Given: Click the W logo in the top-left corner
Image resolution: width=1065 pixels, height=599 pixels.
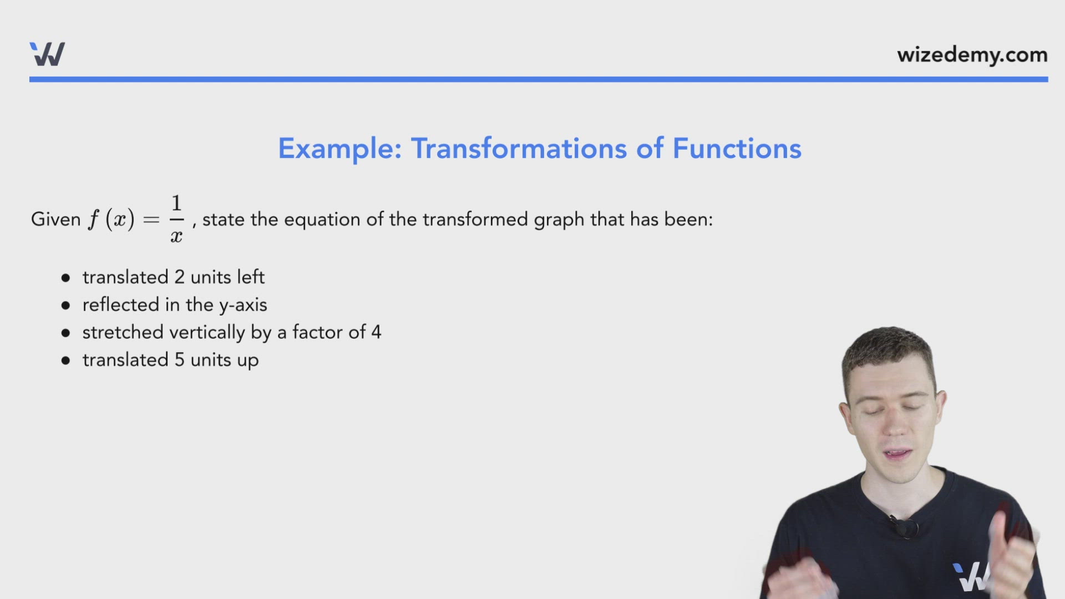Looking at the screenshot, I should coord(47,54).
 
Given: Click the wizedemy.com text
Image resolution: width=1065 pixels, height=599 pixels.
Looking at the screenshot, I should coord(972,55).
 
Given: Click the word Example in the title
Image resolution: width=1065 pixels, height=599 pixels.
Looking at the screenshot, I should coord(339,149).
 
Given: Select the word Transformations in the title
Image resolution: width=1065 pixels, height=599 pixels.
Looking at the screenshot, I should coord(519,149).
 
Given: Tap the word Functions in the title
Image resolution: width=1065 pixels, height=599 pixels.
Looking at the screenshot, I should coord(737,149).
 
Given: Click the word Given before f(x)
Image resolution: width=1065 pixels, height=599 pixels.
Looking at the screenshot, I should coord(56,219).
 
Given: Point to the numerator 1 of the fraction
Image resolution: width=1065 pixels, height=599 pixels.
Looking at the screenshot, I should coord(176,203).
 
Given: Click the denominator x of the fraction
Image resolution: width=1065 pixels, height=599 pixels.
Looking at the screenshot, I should coord(176,236).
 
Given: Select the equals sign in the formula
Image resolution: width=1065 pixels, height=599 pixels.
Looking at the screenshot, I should coord(151,220).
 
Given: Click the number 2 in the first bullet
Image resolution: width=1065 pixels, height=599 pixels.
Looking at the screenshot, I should coord(180,277).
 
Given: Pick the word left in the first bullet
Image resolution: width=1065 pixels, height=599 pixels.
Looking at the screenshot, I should coord(251,277).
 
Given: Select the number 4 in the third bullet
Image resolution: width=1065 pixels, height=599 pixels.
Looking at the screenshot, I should coord(376,332).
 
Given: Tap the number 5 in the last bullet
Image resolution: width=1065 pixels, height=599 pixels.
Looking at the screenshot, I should coord(180,360).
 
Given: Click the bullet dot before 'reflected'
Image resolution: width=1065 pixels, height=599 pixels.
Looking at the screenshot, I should coord(66,305).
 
